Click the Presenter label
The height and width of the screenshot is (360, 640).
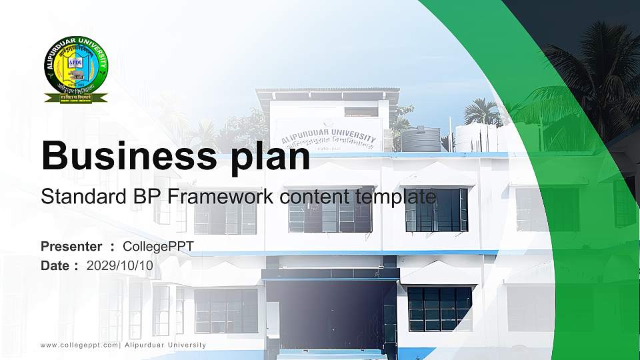71,247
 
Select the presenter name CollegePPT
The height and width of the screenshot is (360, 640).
158,247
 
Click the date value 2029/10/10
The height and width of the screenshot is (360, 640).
120,265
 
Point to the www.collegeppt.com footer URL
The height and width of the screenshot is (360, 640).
79,345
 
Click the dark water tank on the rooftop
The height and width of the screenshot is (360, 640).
421,139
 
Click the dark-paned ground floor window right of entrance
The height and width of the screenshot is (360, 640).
439,309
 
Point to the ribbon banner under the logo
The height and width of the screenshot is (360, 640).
75,98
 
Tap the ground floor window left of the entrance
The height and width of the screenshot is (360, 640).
226,311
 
